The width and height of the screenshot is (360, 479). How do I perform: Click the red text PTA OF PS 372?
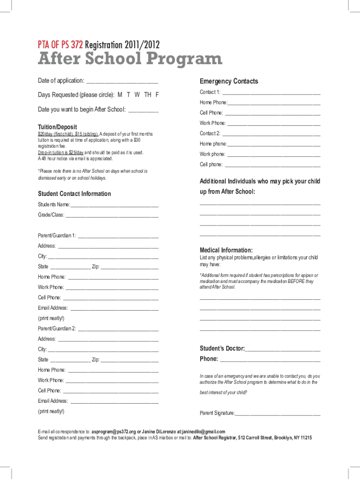pyautogui.click(x=60, y=45)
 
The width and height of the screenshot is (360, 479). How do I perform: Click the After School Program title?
pyautogui.click(x=130, y=59)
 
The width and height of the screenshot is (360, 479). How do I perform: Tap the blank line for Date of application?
pyautogui.click(x=122, y=82)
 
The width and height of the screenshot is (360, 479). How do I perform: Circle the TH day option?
pyautogui.click(x=148, y=95)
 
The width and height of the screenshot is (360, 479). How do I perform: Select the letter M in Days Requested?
pyautogui.click(x=120, y=95)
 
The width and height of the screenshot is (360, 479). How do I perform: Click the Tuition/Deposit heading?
pyautogui.click(x=57, y=127)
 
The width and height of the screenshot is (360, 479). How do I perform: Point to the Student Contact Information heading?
pyautogui.click(x=74, y=194)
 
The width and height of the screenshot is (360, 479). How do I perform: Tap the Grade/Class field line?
pyautogui.click(x=112, y=215)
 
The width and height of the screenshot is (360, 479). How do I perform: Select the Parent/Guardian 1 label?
pyautogui.click(x=57, y=235)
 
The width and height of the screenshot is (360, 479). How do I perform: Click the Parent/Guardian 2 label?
pyautogui.click(x=57, y=328)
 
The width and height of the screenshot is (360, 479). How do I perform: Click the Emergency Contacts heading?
pyautogui.click(x=229, y=81)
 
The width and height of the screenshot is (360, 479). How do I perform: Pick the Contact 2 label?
pyautogui.click(x=210, y=134)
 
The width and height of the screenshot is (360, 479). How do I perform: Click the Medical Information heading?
pyautogui.click(x=226, y=250)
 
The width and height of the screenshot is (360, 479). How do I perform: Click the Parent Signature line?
pyautogui.click(x=278, y=414)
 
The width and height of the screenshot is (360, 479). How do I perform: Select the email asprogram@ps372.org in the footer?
pyautogui.click(x=114, y=431)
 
